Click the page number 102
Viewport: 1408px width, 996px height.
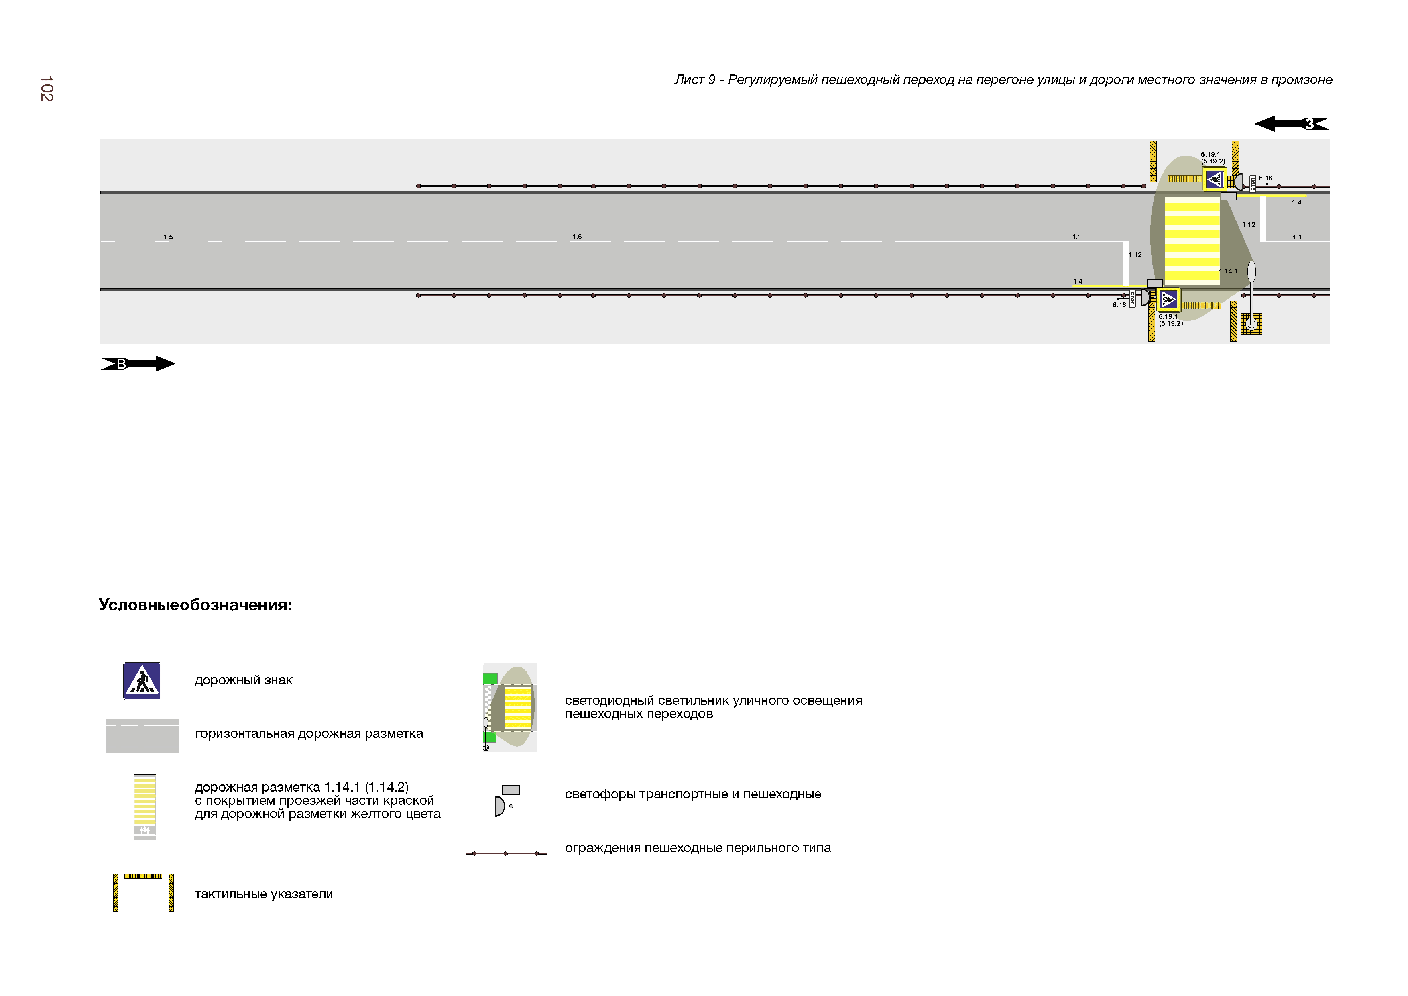click(47, 89)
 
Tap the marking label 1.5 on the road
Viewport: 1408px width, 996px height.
click(168, 237)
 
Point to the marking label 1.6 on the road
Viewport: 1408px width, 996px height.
click(577, 236)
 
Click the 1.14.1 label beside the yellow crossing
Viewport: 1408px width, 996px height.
click(1228, 271)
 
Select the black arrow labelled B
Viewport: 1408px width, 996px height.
click(138, 364)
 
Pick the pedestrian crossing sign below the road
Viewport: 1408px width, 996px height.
click(1168, 300)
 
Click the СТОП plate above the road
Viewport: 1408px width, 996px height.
click(1253, 183)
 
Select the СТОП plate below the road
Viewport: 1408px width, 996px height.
click(1133, 299)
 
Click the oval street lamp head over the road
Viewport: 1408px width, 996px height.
click(1251, 271)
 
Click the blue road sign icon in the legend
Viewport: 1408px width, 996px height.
click(142, 681)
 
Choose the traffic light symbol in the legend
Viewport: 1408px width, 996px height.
click(507, 800)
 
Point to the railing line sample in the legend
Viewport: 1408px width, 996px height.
click(506, 853)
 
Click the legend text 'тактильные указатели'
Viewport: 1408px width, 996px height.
click(264, 894)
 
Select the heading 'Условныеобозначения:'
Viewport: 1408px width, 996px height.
click(195, 605)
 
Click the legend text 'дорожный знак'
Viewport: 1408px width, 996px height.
click(244, 680)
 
